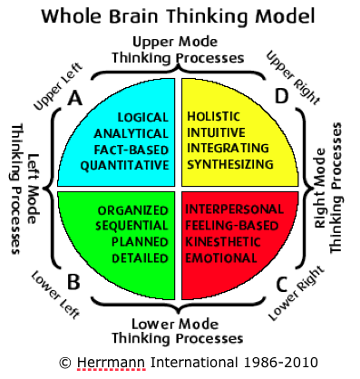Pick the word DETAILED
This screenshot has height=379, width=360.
tap(142, 259)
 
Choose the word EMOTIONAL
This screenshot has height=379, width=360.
tap(224, 259)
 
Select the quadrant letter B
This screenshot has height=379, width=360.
tap(74, 282)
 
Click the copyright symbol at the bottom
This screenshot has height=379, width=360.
tap(64, 362)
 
